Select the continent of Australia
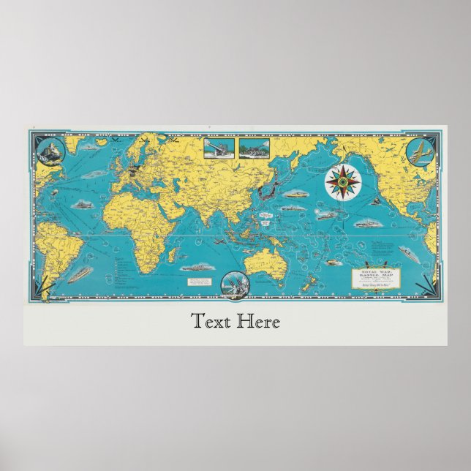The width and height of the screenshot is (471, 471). pos(260,260)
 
